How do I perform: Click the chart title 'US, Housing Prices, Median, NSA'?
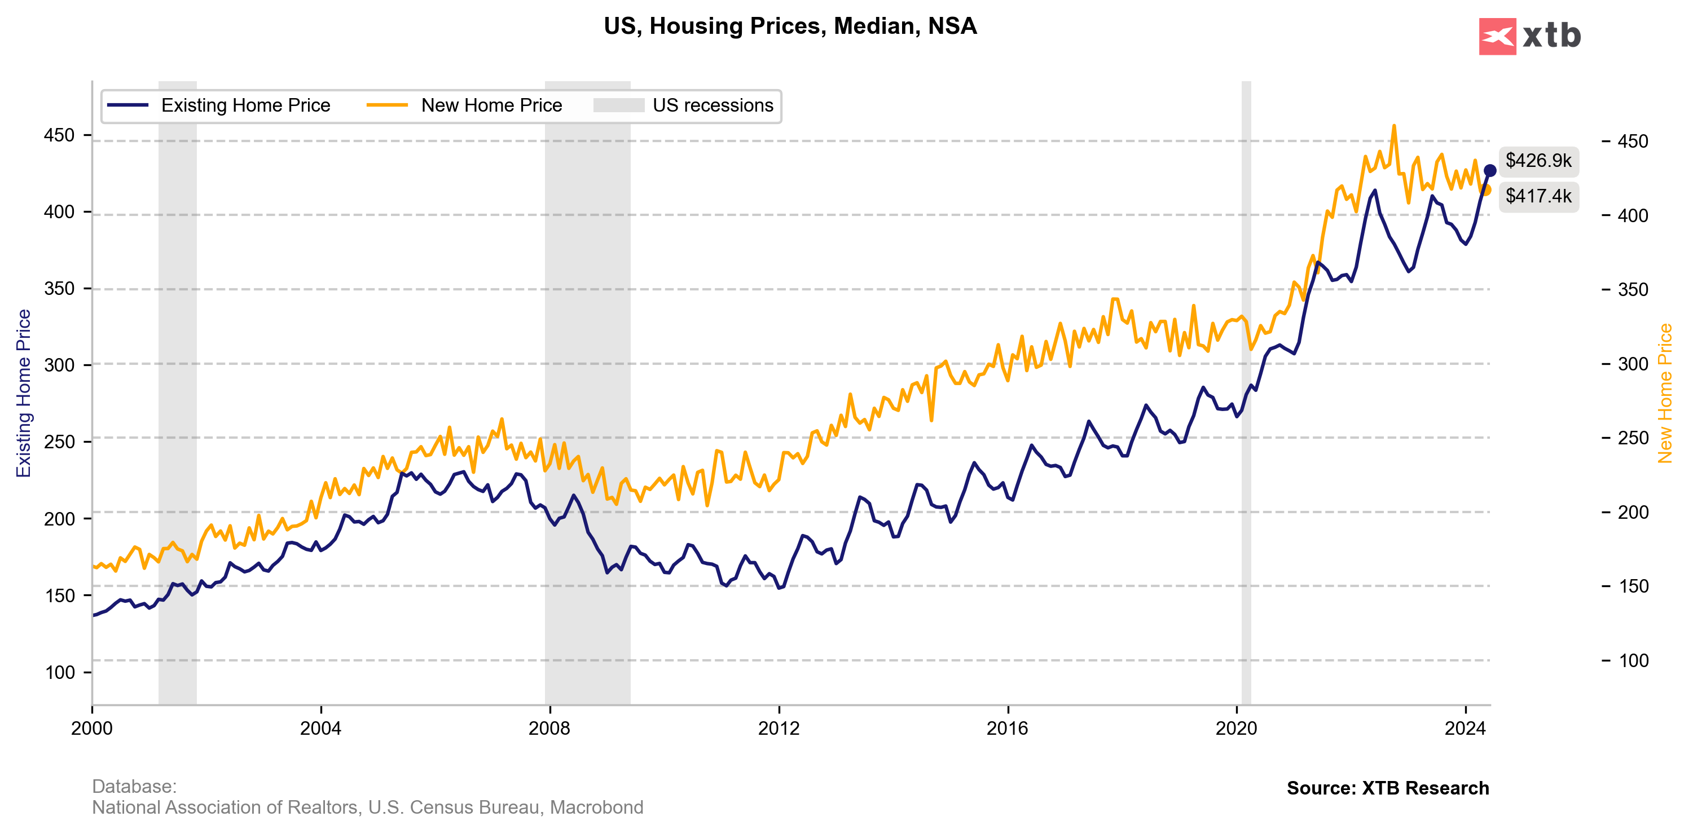(x=790, y=27)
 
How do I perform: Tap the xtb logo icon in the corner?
(x=1497, y=37)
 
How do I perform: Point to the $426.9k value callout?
(x=1538, y=161)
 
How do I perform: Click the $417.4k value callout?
(x=1538, y=196)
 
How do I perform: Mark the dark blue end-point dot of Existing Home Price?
(x=1490, y=171)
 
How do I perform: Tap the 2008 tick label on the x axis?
(x=549, y=729)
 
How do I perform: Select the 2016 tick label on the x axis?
(x=1008, y=729)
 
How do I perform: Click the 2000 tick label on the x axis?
(x=92, y=729)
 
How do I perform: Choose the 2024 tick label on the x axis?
(x=1465, y=729)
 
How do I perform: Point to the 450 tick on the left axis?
(x=59, y=136)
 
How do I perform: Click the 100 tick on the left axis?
(x=59, y=673)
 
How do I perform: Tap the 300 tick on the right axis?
(x=1633, y=364)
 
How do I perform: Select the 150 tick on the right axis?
(x=1633, y=586)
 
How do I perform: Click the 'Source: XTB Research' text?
(x=1387, y=788)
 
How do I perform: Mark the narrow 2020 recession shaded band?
(x=1246, y=394)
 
